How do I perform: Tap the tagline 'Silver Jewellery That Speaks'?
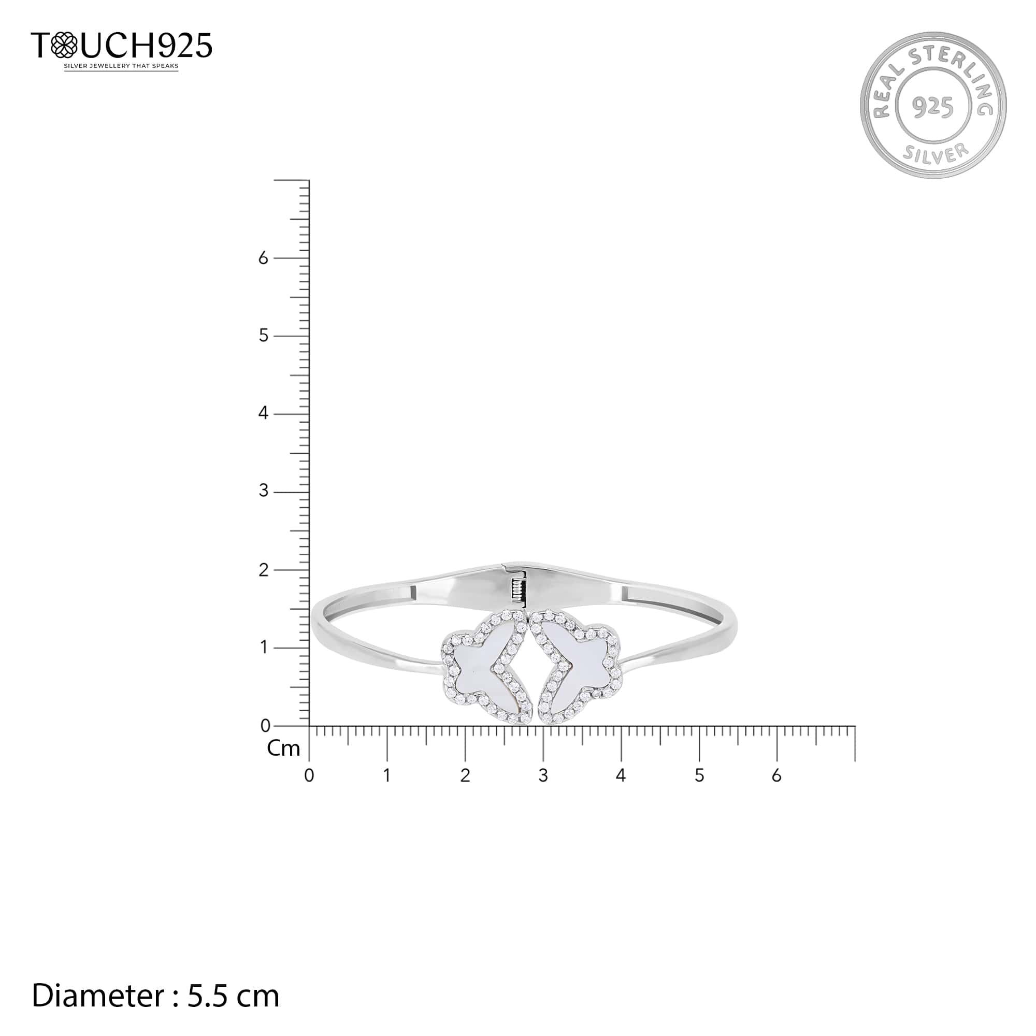click(x=121, y=66)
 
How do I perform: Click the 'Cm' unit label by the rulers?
click(x=283, y=749)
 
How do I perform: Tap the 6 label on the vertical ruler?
click(x=263, y=258)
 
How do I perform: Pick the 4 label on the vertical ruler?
click(x=263, y=413)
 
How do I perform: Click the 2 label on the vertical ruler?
click(x=263, y=570)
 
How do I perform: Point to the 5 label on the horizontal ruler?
click(x=699, y=776)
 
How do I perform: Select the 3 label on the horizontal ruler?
click(x=543, y=776)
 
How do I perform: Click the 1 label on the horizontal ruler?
click(x=386, y=776)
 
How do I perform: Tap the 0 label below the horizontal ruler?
click(x=309, y=776)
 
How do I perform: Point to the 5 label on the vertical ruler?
click(x=263, y=336)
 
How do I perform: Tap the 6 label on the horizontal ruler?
click(x=776, y=776)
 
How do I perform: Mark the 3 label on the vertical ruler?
click(x=263, y=491)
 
